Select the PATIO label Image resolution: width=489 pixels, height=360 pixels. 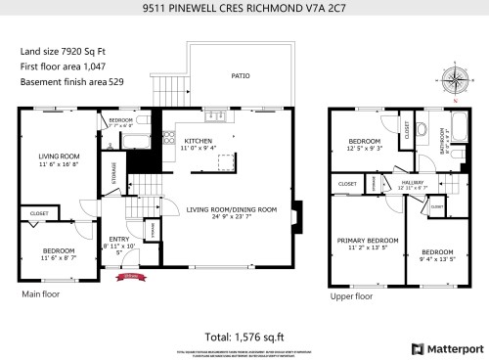coord(240,74)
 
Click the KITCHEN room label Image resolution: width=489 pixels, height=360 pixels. coord(198,141)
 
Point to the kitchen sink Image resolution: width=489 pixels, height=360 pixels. coord(221,118)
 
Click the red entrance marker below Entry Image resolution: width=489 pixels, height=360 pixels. coord(125,277)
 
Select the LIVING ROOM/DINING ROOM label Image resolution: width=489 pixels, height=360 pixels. coord(232,209)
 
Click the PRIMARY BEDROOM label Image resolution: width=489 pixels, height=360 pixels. coord(368,240)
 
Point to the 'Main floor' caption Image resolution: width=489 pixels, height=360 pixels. coord(40,292)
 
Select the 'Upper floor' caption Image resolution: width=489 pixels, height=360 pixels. coord(350,295)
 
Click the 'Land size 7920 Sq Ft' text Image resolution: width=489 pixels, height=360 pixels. coord(60,51)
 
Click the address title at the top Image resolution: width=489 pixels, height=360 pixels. coord(244,8)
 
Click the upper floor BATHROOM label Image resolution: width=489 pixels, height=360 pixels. coord(442,143)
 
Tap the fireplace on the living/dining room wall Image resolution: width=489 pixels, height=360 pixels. coord(299,209)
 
